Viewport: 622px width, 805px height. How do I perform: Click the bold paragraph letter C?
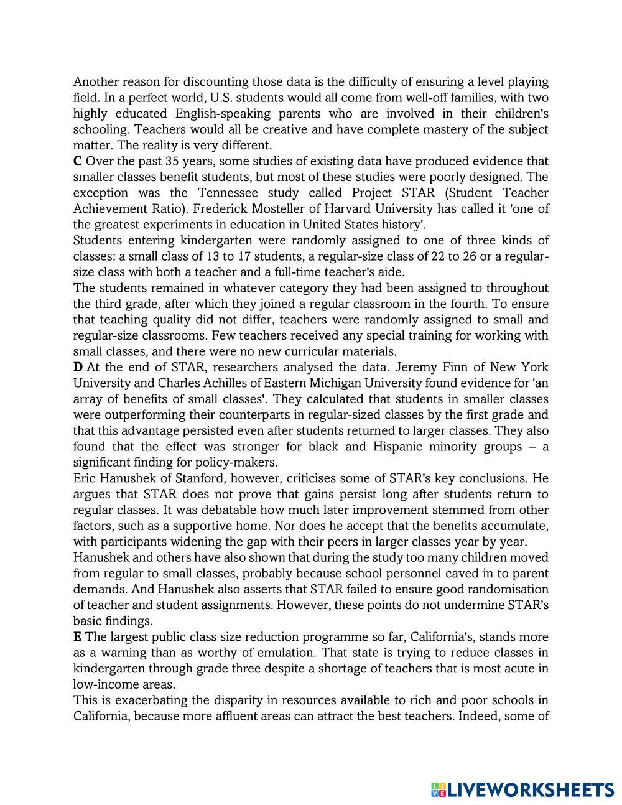(x=78, y=161)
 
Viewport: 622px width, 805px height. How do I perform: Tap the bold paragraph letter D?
(x=78, y=367)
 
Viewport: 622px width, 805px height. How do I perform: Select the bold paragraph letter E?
(x=77, y=636)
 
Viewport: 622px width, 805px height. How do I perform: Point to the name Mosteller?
(x=246, y=208)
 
